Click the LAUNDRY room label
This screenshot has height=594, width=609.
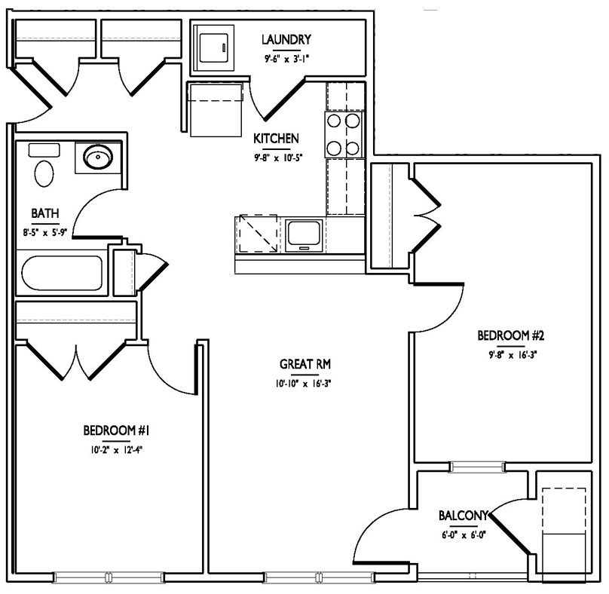click(x=286, y=40)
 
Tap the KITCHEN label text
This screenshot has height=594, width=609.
click(x=276, y=138)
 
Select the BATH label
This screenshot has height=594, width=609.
click(x=45, y=213)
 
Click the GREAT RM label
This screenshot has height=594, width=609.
click(x=305, y=364)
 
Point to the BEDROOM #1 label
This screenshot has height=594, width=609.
click(x=117, y=430)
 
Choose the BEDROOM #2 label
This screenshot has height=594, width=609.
click(x=511, y=335)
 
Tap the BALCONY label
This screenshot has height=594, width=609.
click(x=463, y=516)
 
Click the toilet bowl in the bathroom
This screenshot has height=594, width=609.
click(x=44, y=173)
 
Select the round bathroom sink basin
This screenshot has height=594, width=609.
click(x=98, y=157)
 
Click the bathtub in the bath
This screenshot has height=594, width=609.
click(x=62, y=273)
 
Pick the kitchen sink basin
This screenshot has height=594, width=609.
click(x=304, y=236)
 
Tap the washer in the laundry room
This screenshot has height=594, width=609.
click(x=213, y=47)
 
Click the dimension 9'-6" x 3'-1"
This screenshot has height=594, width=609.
click(x=286, y=60)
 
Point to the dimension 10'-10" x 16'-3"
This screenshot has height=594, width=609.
click(x=303, y=384)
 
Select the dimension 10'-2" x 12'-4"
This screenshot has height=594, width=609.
click(x=117, y=450)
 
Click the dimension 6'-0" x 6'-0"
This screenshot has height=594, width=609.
click(x=464, y=535)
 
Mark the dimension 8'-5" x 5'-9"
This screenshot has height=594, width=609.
click(x=45, y=233)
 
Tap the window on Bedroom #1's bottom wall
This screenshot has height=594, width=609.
click(x=109, y=577)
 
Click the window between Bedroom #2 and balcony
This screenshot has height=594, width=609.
click(x=477, y=467)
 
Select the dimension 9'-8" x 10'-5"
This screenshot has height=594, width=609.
click(x=278, y=158)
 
